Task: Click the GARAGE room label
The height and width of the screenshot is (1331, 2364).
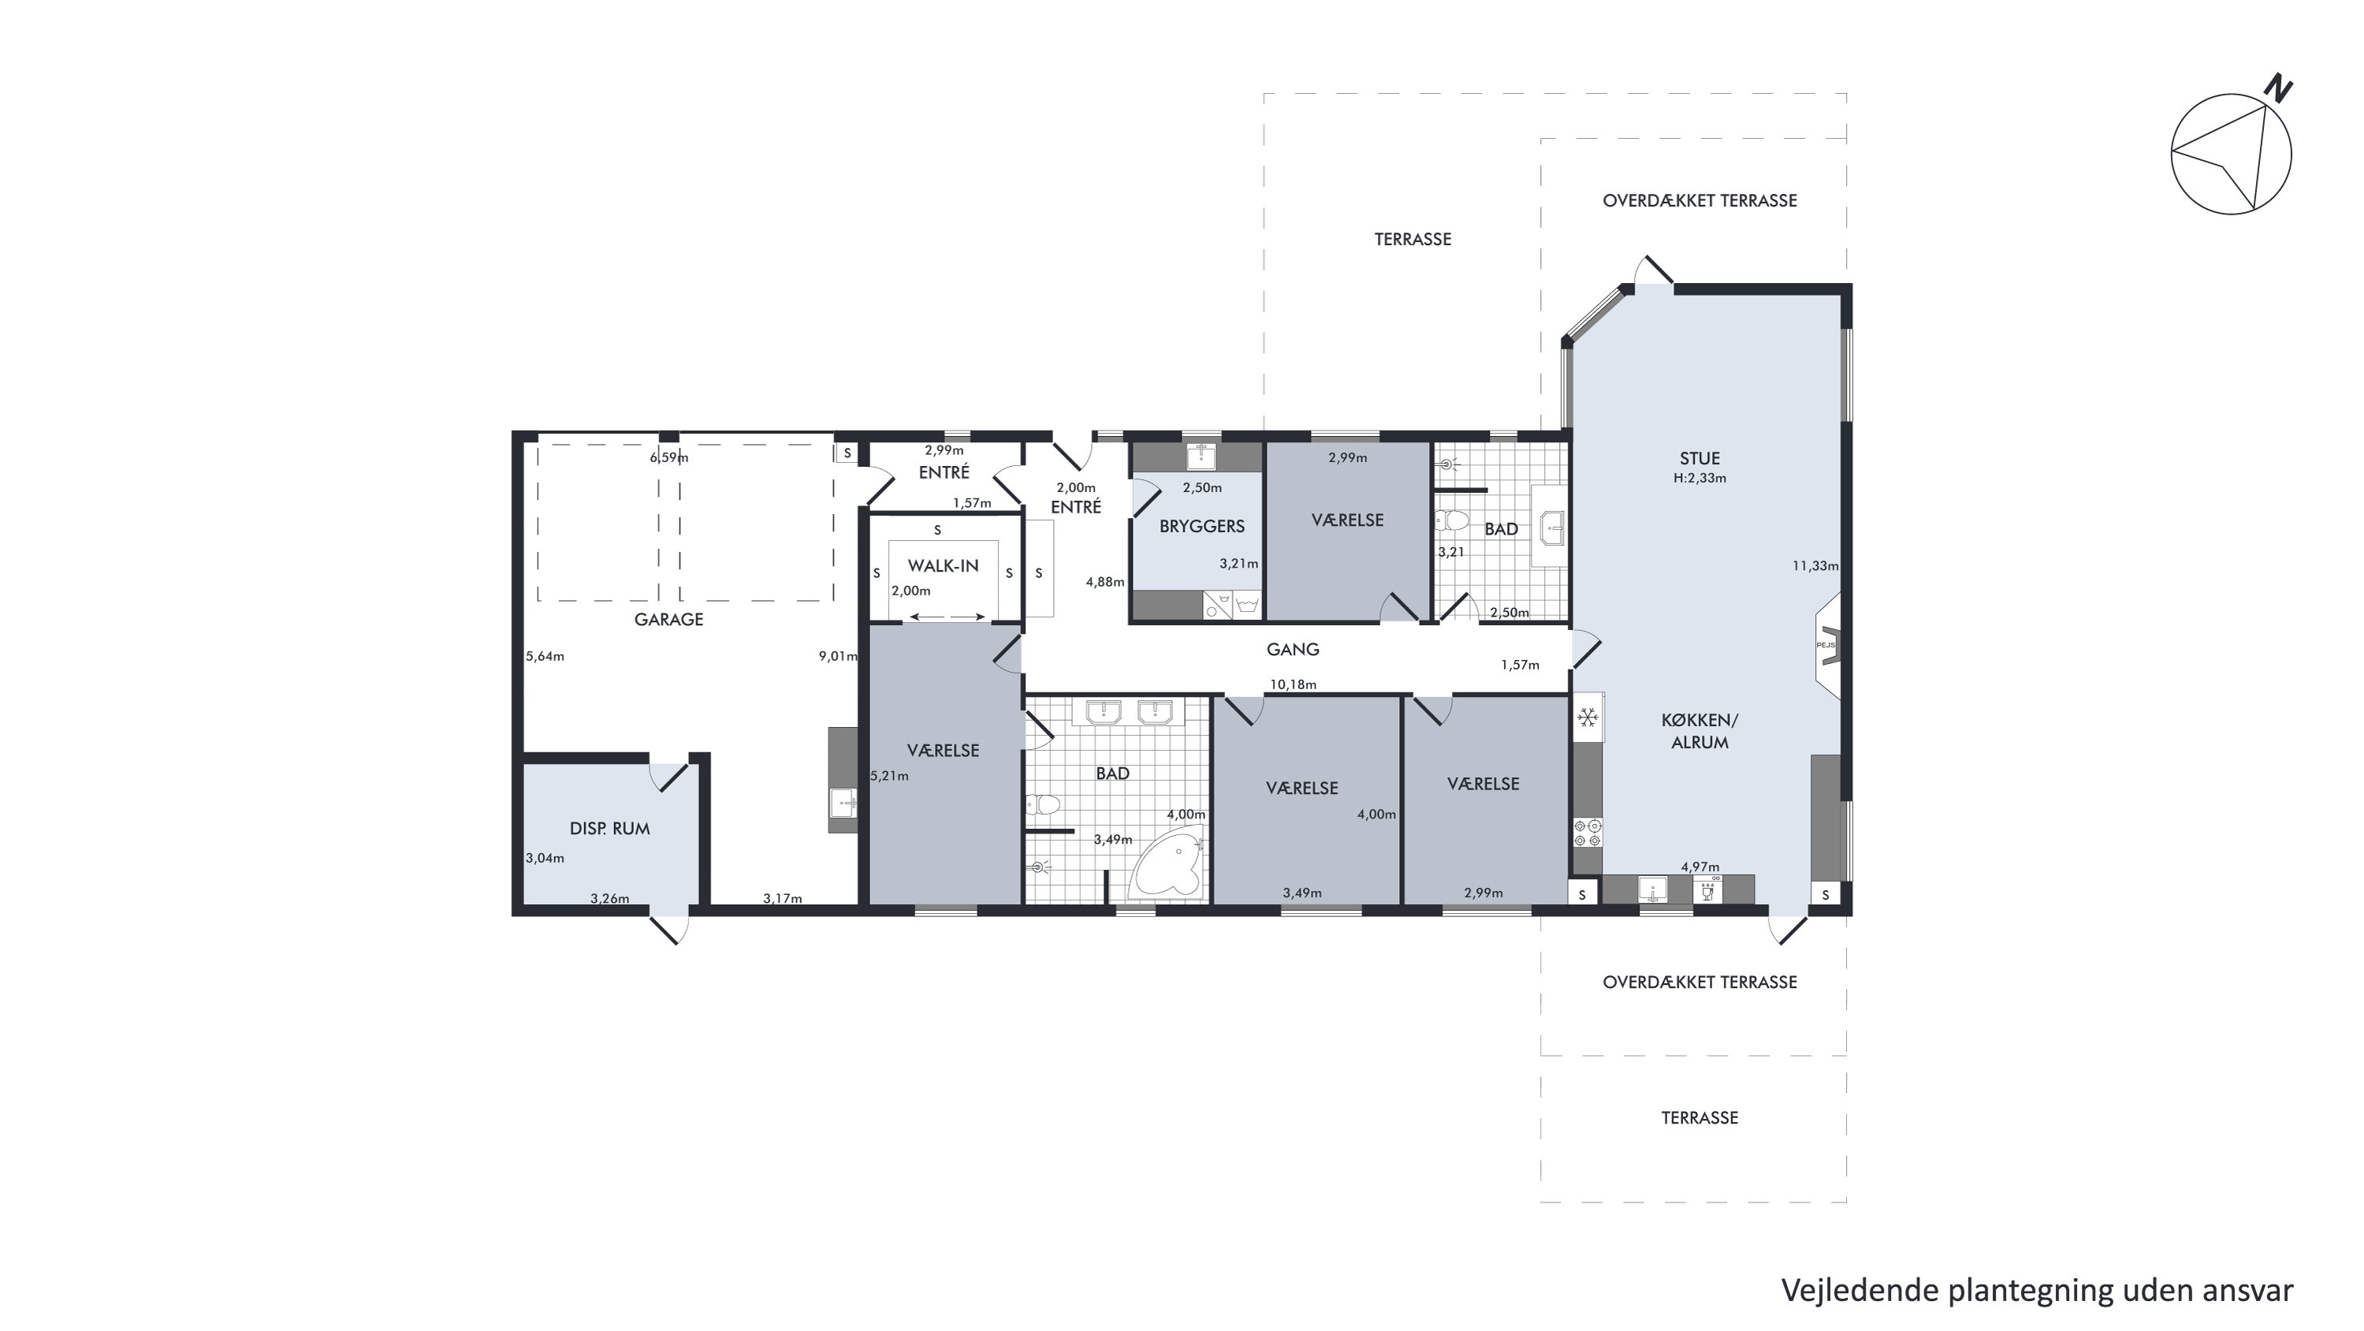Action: [x=668, y=620]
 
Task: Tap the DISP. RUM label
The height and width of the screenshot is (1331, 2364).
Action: [x=609, y=829]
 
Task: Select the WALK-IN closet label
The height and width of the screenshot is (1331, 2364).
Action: [x=943, y=566]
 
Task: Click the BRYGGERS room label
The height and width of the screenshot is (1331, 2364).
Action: [x=1201, y=527]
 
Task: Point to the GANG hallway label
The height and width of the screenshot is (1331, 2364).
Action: [x=1292, y=650]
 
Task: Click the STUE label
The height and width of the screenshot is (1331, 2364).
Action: [x=1699, y=459]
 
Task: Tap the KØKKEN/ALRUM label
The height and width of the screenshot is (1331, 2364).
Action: [x=1699, y=732]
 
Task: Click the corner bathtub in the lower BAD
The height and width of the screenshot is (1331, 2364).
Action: [x=1166, y=863]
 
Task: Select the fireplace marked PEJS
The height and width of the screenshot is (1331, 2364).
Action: [x=1828, y=645]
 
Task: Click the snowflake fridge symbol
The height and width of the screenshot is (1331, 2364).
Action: [x=1588, y=717]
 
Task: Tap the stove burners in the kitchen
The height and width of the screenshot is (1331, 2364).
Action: [x=1588, y=833]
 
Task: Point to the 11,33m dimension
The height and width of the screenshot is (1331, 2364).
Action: [x=1815, y=566]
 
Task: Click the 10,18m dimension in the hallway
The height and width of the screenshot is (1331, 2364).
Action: [x=1293, y=684]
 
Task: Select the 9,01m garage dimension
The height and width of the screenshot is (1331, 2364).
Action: [x=838, y=656]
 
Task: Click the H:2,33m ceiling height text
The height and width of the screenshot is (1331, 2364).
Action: [x=1699, y=479]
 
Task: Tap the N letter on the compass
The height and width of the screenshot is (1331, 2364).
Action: [x=2278, y=89]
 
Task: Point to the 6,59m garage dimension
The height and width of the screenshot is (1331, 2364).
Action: [x=669, y=457]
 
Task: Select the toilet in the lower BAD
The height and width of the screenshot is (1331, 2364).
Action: [x=1044, y=805]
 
